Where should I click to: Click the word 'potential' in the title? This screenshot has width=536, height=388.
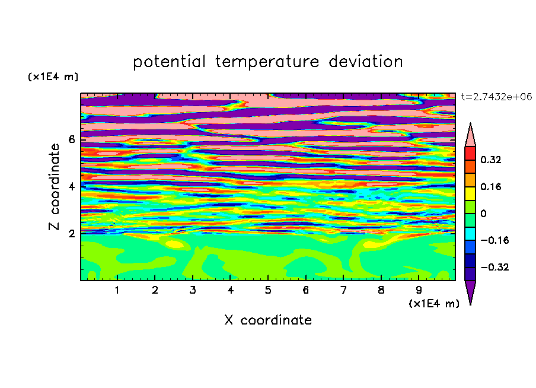[169, 62]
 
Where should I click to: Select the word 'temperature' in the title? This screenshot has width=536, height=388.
[267, 62]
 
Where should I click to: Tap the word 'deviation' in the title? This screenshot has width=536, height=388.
[366, 62]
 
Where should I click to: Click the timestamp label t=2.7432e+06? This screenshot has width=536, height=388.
[496, 97]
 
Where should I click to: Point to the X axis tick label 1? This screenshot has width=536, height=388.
[117, 290]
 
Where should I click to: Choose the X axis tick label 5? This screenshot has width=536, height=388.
[268, 290]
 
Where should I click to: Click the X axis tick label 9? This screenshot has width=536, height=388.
[419, 290]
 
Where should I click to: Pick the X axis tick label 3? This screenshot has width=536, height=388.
[193, 290]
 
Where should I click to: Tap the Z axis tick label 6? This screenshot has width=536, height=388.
[71, 139]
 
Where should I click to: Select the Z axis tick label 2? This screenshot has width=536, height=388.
[71, 233]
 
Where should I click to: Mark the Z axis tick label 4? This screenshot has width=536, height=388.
[71, 186]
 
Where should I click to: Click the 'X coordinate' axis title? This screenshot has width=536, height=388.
[268, 320]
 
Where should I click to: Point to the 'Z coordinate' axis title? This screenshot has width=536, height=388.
[54, 186]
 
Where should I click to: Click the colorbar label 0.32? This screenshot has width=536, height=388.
[490, 160]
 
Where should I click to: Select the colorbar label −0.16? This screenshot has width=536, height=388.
[494, 240]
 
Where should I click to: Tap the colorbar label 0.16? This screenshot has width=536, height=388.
[490, 186]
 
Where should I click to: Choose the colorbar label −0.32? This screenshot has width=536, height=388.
[494, 267]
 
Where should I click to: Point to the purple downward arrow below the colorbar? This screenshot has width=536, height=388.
[470, 291]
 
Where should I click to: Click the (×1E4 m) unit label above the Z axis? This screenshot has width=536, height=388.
[53, 77]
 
